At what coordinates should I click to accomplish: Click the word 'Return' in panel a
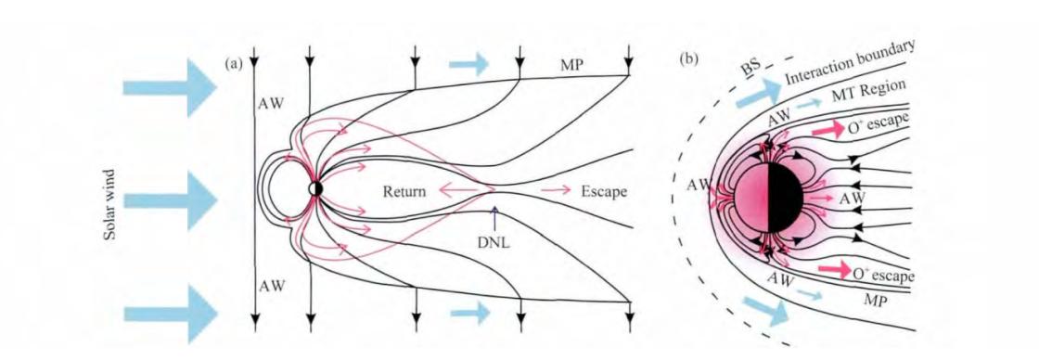tap(405, 192)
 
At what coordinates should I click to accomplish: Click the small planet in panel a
tap(315, 189)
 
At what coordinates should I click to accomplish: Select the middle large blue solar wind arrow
tap(170, 199)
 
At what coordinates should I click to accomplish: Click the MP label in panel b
tap(876, 302)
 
